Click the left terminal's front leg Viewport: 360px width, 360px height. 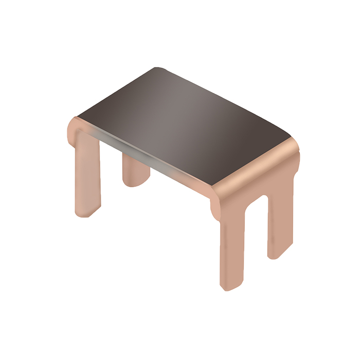coord(86,175)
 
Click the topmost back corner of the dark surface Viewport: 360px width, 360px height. coord(157,68)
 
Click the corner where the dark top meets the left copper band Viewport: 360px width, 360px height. coord(78,116)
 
